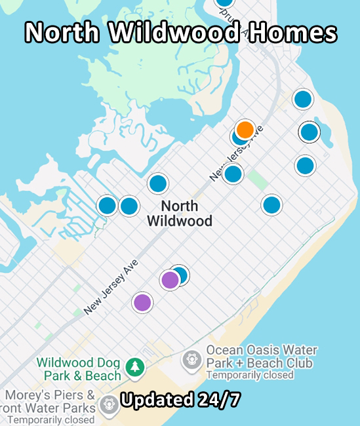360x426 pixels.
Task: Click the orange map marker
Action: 245,129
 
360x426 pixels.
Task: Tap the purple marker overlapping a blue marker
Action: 170,280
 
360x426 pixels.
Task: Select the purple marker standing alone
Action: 142,302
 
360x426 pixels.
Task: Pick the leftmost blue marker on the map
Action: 107,206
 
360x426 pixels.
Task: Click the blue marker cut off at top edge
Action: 224,2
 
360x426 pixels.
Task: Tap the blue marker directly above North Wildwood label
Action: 158,184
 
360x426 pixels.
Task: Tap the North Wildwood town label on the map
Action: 179,213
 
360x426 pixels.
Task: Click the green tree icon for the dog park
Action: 135,366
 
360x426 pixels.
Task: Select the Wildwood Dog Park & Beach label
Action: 79,369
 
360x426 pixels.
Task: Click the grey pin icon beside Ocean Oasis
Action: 191,358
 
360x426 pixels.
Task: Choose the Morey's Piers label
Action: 50,396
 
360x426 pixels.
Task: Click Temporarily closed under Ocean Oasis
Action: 250,376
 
